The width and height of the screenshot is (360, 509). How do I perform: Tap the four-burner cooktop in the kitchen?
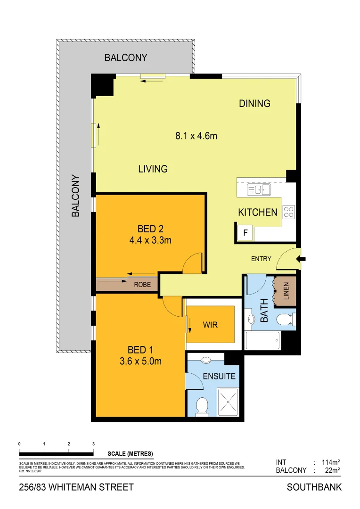288,212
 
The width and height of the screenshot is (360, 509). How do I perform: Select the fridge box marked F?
245,232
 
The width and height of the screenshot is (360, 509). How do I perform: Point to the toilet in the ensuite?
202,406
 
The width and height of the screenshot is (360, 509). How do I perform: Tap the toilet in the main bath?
285,320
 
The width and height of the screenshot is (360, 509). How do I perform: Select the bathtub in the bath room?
263,340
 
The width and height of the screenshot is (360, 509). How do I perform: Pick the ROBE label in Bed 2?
142,285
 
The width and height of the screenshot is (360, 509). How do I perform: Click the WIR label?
210,325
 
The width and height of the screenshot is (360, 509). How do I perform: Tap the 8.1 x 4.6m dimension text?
196,136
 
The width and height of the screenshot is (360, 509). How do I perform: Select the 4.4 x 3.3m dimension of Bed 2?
150,240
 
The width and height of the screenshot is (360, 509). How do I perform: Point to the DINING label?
254,103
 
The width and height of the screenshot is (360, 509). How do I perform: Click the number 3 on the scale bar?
93,444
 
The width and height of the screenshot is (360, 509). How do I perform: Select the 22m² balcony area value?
330,470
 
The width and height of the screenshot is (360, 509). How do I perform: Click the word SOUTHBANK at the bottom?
314,487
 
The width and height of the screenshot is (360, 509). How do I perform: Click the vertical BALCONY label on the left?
75,196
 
